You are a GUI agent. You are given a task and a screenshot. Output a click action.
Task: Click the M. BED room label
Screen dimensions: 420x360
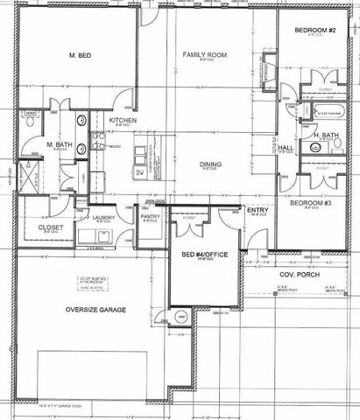81,55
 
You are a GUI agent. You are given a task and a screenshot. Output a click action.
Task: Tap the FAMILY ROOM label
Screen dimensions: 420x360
205,55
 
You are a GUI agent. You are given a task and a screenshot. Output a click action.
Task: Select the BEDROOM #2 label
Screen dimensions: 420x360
315,31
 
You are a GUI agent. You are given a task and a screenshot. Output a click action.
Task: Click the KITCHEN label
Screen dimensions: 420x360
124,121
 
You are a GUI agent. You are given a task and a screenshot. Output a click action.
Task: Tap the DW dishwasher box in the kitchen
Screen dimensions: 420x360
138,174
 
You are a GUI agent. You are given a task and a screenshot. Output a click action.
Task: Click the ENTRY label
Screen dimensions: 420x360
258,210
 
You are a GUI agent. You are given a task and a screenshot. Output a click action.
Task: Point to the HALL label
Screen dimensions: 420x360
286,148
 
